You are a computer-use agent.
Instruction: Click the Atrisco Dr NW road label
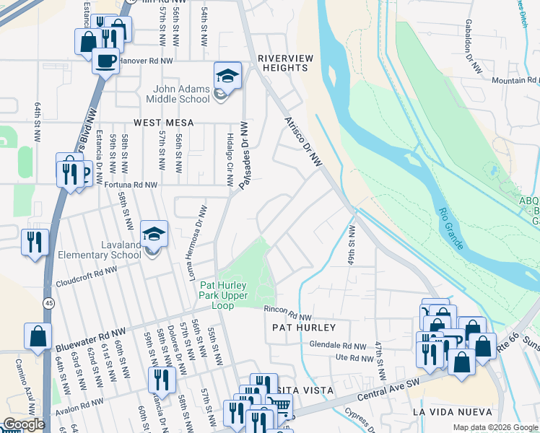point(303,141)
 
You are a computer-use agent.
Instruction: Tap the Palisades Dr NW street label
point(243,156)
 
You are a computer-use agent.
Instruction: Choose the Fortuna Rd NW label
point(130,185)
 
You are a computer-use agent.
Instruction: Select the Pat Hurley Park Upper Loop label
point(223,295)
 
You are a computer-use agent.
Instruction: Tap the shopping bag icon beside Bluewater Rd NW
point(38,337)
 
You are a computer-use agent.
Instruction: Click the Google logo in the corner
point(24,424)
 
